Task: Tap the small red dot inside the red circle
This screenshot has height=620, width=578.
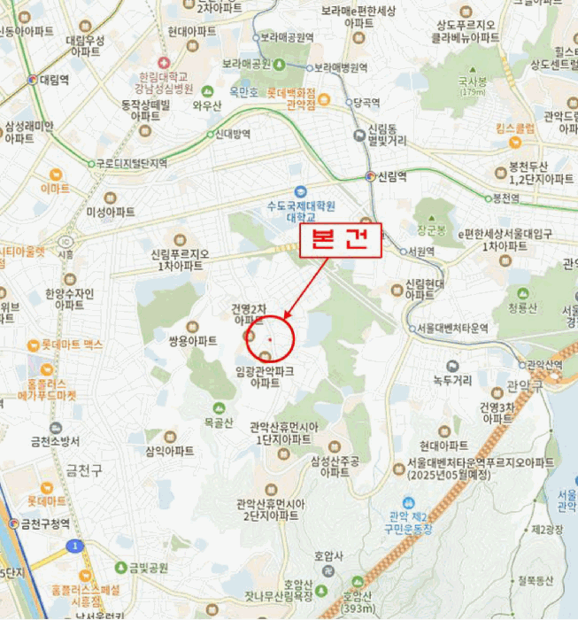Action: pos(270,339)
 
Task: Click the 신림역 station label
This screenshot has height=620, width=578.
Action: pos(391,176)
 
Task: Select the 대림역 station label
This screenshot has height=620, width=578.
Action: pos(54,80)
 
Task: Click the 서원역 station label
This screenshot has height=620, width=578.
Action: pos(421,251)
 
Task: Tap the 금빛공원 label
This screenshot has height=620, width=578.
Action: pos(148,568)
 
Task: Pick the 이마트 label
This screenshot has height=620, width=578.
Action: pos(55,188)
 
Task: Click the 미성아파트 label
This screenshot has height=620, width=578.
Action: pos(110,212)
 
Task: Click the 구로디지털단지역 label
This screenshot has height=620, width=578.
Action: pos(133,163)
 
